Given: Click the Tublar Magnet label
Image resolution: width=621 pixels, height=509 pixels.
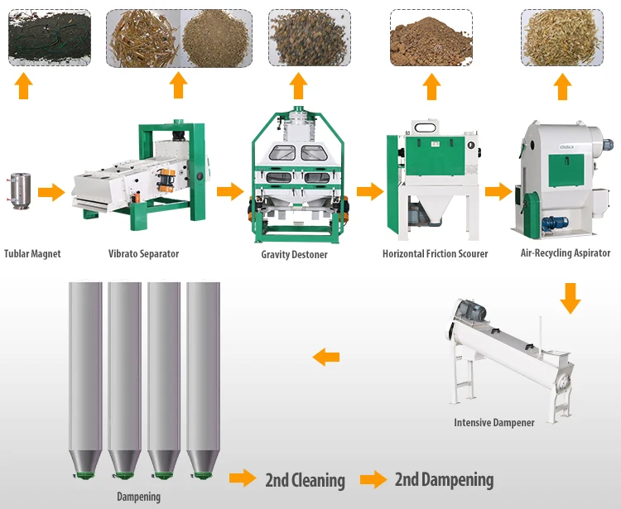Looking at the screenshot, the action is pyautogui.click(x=32, y=253).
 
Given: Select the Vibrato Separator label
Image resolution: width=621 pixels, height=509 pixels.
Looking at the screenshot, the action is pyautogui.click(x=143, y=253).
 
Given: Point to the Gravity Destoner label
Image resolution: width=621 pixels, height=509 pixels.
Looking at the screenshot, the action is pyautogui.click(x=294, y=254).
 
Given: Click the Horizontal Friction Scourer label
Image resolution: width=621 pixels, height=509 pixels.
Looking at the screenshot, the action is pyautogui.click(x=435, y=253).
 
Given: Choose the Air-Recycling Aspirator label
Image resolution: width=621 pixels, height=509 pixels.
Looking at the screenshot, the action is pyautogui.click(x=566, y=252).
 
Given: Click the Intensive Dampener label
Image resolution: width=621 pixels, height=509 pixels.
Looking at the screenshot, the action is pyautogui.click(x=494, y=423).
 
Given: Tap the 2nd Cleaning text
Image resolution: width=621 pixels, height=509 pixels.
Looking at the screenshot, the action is pyautogui.click(x=305, y=480).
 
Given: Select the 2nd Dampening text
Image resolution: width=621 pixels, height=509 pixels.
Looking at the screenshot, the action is pyautogui.click(x=444, y=480).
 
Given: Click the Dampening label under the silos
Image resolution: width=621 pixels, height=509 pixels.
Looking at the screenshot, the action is pyautogui.click(x=138, y=497).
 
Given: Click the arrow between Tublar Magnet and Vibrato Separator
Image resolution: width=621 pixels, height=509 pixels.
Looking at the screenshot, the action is pyautogui.click(x=51, y=193).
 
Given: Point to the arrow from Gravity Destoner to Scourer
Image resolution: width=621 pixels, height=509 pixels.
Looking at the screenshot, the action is pyautogui.click(x=369, y=192).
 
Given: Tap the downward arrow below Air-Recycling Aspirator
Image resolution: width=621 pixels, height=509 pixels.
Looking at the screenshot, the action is pyautogui.click(x=570, y=298).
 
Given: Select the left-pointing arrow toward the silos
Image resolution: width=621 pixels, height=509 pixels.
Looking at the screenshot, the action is pyautogui.click(x=325, y=358).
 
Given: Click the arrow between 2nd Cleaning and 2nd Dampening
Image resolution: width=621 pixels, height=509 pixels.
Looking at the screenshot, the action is pyautogui.click(x=373, y=479).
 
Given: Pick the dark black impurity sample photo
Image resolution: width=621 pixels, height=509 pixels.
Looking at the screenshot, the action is pyautogui.click(x=49, y=38).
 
